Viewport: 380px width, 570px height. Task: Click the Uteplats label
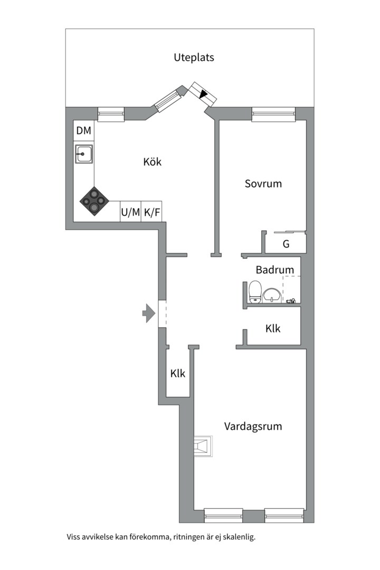tap(194, 58)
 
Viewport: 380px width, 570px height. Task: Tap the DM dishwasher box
tap(83, 130)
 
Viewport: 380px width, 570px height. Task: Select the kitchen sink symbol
tap(84, 154)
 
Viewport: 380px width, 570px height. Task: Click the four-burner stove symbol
tap(94, 201)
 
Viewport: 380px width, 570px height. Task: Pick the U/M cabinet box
tap(130, 212)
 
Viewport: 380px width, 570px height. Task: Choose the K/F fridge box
tap(151, 212)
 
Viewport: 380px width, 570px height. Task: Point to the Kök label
tap(152, 162)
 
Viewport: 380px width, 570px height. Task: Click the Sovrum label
tap(263, 184)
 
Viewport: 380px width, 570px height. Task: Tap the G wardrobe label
tap(286, 244)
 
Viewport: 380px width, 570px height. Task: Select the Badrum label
tap(274, 270)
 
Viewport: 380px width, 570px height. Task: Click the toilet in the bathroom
tap(255, 291)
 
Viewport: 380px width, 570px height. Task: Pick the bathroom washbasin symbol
tap(272, 295)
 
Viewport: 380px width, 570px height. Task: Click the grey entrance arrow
tap(149, 313)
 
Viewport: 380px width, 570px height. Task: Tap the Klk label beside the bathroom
tap(273, 329)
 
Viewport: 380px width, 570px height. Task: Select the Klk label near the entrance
tap(178, 373)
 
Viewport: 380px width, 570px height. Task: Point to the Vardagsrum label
tap(253, 426)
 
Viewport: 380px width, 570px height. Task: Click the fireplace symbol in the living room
tap(203, 445)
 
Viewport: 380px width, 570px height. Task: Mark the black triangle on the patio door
tap(204, 94)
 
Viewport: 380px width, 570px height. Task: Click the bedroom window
tap(273, 113)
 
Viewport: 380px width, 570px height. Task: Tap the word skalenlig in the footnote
tap(240, 537)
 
